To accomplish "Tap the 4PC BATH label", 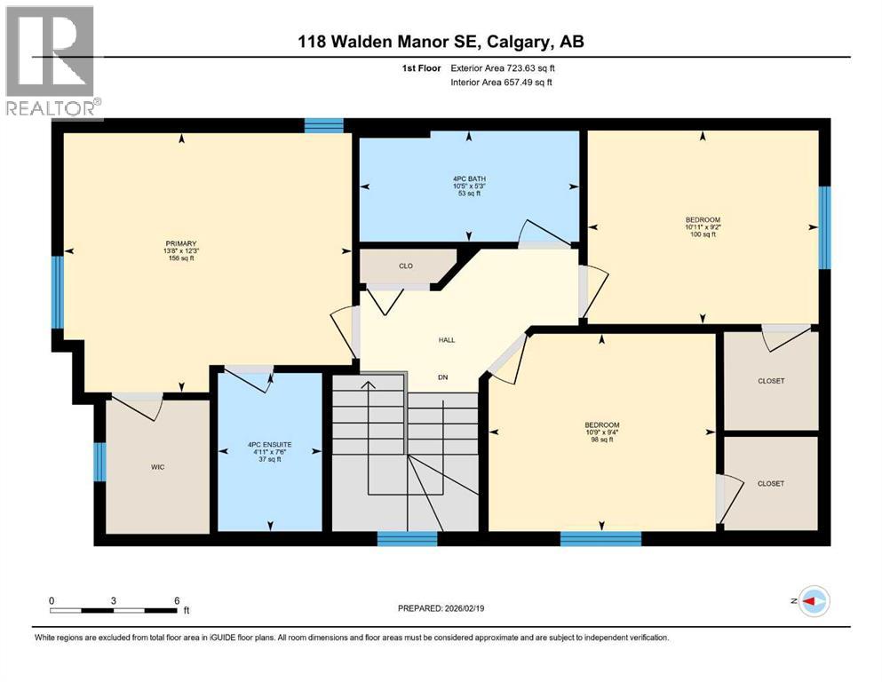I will (x=469, y=178).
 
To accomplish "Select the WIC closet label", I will (x=158, y=467).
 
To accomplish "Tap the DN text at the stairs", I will (x=442, y=377).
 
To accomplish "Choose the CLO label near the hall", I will (x=406, y=265).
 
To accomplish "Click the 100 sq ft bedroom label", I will (x=703, y=220).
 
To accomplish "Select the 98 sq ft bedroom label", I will (x=601, y=424).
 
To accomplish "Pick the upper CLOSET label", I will (x=771, y=381).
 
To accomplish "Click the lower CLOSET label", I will (x=771, y=483).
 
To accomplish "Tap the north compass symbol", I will (x=814, y=602).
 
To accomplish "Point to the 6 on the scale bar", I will (x=178, y=600).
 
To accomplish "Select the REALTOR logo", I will (x=51, y=61).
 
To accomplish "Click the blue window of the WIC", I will (x=99, y=461).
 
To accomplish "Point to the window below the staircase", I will (x=407, y=537).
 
